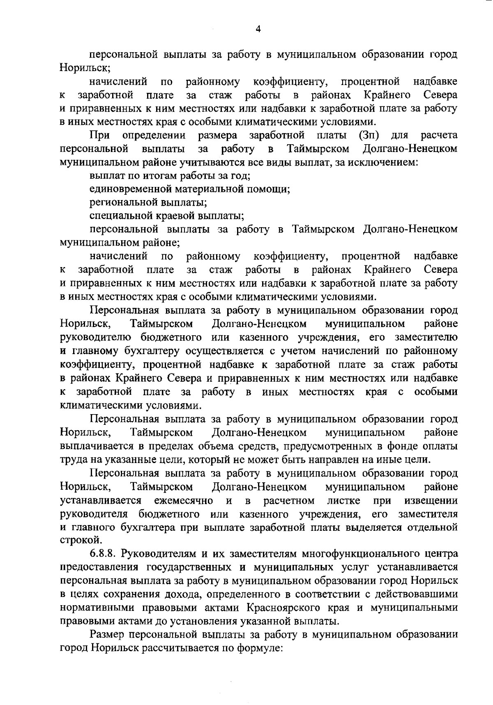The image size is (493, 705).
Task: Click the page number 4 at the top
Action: [258, 29]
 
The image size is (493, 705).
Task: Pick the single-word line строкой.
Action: [75, 539]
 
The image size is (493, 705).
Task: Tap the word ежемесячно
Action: [183, 500]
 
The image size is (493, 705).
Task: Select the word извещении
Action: [431, 500]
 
